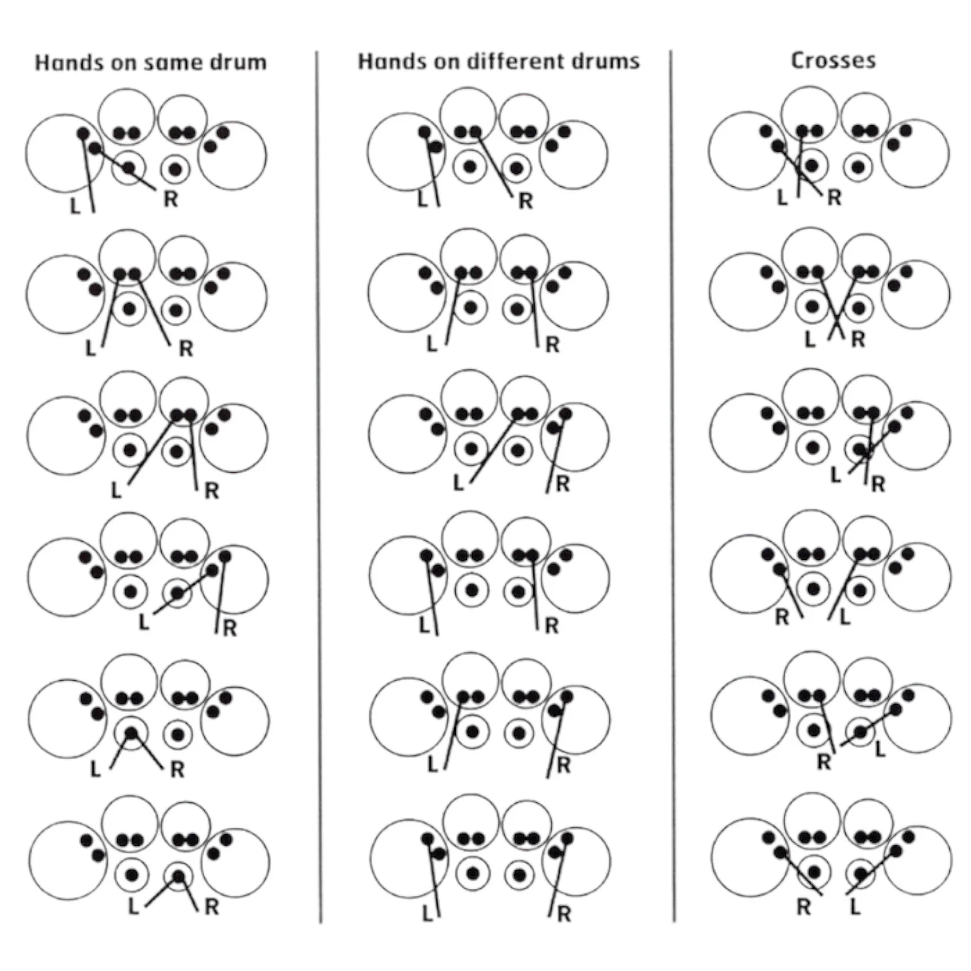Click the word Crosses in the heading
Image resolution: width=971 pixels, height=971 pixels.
pos(833,60)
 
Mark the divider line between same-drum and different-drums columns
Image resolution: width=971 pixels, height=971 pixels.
pos(319,488)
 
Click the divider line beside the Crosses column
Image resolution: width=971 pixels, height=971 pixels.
pos(672,488)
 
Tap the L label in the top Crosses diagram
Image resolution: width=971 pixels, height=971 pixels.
pos(782,198)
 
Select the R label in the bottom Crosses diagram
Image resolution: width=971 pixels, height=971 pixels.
pos(804,907)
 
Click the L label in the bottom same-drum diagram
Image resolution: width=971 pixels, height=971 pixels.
pos(134,907)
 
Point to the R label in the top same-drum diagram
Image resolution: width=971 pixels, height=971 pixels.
pos(170,199)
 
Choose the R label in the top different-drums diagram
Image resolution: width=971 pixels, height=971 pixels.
pos(526,201)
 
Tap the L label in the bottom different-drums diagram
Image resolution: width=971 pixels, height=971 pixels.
pos(428,913)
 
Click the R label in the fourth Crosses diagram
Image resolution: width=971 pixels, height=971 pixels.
pos(782,617)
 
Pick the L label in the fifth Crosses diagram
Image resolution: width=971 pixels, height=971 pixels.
pos(880,749)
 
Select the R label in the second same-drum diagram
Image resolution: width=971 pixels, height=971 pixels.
pos(186,349)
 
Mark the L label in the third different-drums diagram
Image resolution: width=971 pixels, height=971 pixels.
pos(459,483)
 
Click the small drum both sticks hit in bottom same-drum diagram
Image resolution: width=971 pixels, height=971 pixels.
pos(178,875)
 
